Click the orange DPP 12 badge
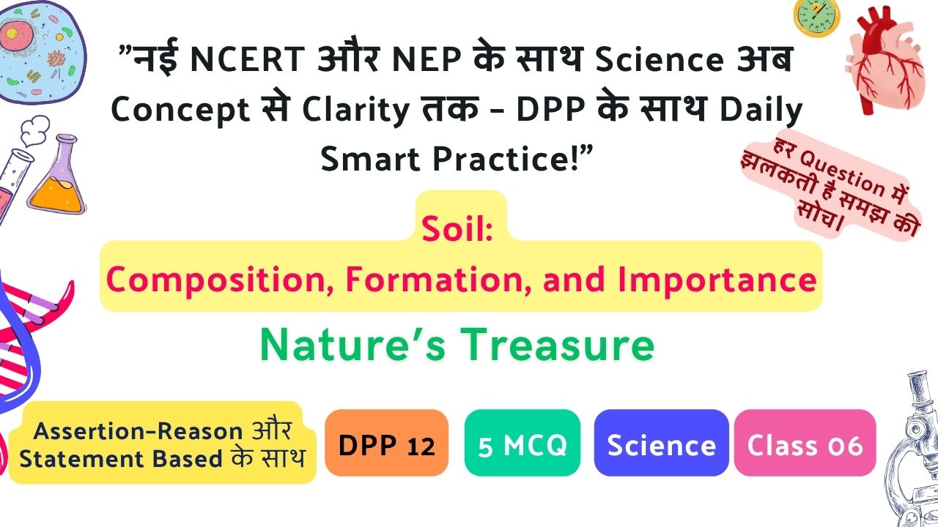pyautogui.click(x=386, y=443)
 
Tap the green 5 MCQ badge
pyautogui.click(x=522, y=443)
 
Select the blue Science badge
pyautogui.click(x=661, y=443)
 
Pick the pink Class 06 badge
pyautogui.click(x=805, y=443)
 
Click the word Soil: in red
pyautogui.click(x=457, y=229)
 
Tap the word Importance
pyautogui.click(x=717, y=280)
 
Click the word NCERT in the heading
pyautogui.click(x=248, y=59)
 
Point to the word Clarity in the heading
pyautogui.click(x=356, y=111)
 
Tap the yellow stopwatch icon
pyautogui.click(x=816, y=18)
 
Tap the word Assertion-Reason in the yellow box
pyautogui.click(x=139, y=431)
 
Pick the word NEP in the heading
pyautogui.click(x=426, y=59)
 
